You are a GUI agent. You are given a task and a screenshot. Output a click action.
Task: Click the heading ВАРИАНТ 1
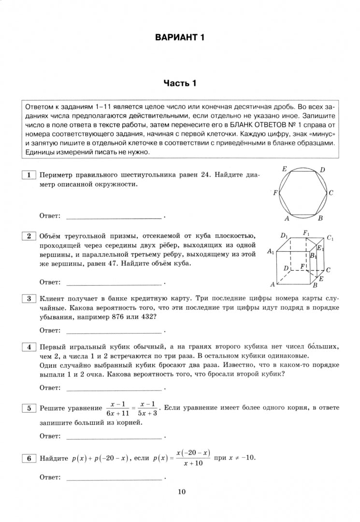(180, 38)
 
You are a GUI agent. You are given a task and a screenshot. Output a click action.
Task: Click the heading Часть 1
(180, 84)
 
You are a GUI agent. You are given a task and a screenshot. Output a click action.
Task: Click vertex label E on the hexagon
(285, 169)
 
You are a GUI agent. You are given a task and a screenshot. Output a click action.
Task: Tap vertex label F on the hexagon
(275, 193)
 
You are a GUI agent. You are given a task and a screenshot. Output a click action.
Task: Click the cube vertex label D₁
(285, 236)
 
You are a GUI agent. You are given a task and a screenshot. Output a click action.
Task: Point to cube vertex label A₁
(271, 252)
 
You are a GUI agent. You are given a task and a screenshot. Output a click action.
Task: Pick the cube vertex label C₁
(330, 238)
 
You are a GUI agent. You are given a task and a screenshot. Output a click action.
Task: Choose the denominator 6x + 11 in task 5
(117, 413)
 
